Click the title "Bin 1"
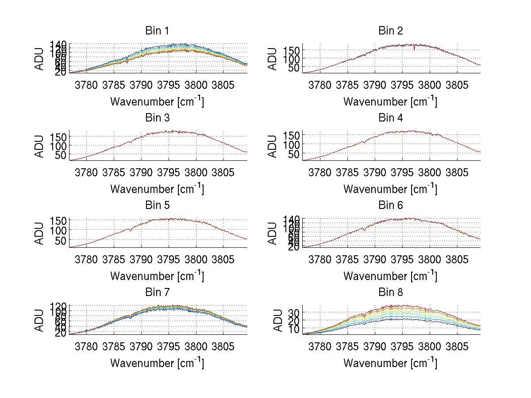[157, 30]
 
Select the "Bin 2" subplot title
[390, 30]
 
